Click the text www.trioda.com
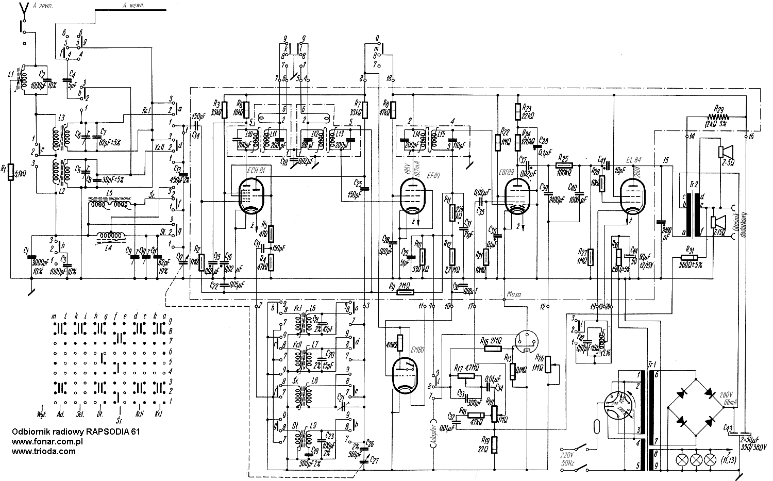pyautogui.click(x=43, y=451)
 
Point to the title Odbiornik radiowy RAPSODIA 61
pyautogui.click(x=76, y=432)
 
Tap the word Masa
pyautogui.click(x=513, y=295)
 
